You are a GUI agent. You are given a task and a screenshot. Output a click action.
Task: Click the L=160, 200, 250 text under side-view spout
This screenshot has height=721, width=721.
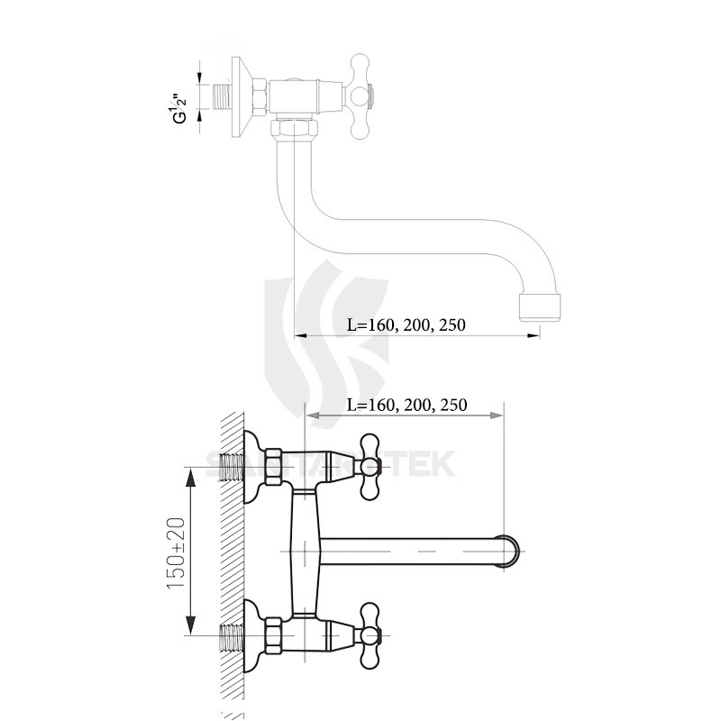click(x=406, y=325)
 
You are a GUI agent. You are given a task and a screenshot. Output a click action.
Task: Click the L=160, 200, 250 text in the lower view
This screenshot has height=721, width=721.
click(x=406, y=405)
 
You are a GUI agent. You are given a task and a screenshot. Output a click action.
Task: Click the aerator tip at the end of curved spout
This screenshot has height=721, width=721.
click(x=543, y=307)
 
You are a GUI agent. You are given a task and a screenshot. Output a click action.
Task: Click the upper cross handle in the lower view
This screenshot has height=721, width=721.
click(x=370, y=465)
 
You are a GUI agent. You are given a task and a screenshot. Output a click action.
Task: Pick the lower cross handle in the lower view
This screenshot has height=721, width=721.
click(x=370, y=634)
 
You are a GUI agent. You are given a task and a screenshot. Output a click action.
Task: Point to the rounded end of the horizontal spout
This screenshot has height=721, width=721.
click(x=511, y=550)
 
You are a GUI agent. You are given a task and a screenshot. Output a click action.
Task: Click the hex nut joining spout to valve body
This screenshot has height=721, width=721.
click(x=294, y=131)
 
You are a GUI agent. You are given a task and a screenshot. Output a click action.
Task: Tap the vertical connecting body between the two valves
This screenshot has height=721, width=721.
click(x=304, y=550)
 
